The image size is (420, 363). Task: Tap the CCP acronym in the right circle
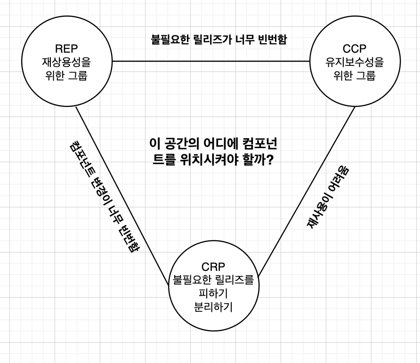[354, 48]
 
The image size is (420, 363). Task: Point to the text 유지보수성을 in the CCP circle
[354, 62]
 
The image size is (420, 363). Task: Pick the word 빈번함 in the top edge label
[270, 39]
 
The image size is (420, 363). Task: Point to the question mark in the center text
[271, 159]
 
